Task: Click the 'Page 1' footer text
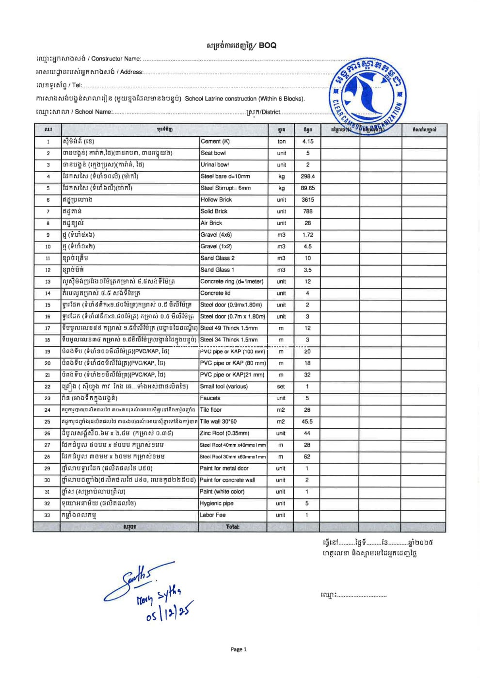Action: pos(239,649)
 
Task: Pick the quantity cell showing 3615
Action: pos(307,200)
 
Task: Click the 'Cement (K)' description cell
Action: pos(215,142)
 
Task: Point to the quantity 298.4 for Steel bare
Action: pos(307,177)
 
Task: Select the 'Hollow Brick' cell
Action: pos(216,200)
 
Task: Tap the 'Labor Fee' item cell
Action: pos(213,515)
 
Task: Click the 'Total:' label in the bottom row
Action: pos(232,527)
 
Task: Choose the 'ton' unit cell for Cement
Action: pos(281,142)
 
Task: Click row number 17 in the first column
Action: pos(48,328)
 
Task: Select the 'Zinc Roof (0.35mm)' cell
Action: pos(224,433)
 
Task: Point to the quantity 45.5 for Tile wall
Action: pos(307,421)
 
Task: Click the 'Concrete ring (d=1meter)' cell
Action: pos(232,281)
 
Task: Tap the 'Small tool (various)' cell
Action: pos(224,387)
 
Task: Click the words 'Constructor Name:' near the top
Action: pos(116,59)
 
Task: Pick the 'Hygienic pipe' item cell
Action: pos(217,503)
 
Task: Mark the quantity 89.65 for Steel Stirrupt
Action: pos(307,188)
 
